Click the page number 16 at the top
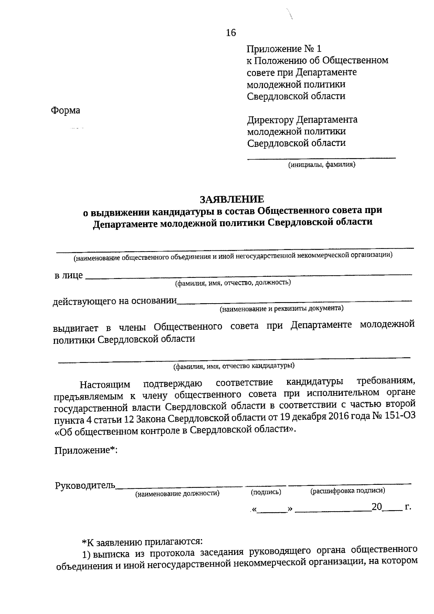click(231, 33)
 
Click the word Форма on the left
click(65, 110)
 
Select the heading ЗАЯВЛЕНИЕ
click(232, 199)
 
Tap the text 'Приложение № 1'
click(284, 49)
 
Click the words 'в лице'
click(68, 276)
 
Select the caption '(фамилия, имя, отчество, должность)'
click(233, 283)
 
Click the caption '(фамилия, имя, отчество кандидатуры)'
click(234, 366)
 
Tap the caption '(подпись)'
click(266, 492)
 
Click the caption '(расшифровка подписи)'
click(348, 491)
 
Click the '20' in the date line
click(376, 507)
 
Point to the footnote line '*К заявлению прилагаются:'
click(142, 542)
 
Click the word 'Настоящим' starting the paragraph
click(105, 384)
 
